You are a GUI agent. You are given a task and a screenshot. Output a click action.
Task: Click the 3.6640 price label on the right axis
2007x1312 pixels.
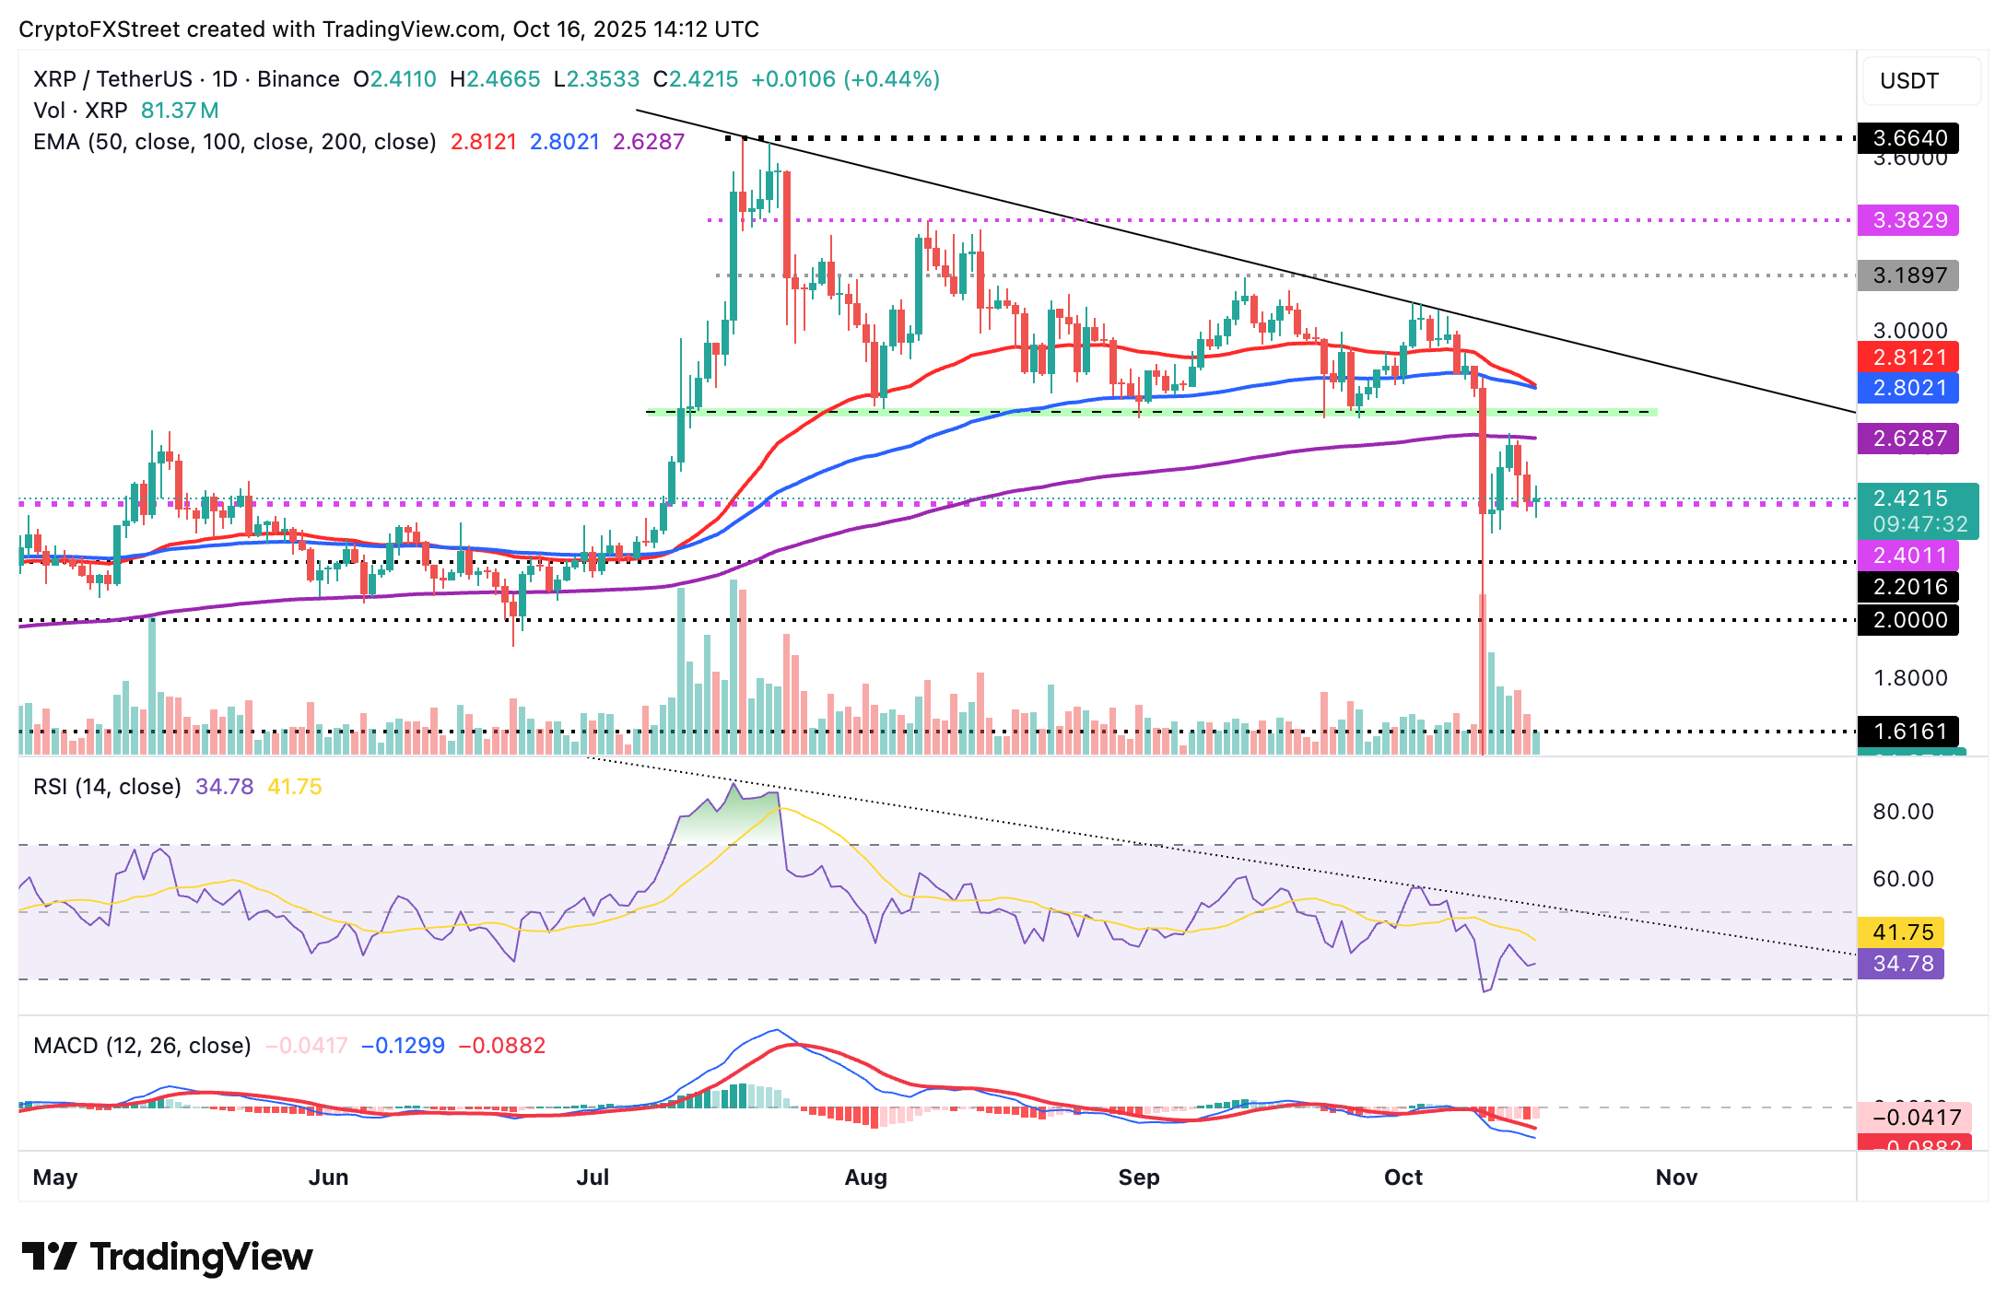[1908, 138]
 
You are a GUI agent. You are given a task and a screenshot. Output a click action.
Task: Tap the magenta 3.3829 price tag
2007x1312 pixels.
[1908, 220]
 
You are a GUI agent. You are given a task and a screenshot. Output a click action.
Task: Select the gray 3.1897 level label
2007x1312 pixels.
[1908, 275]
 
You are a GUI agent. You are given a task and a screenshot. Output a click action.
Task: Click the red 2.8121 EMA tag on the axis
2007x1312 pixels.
[1908, 357]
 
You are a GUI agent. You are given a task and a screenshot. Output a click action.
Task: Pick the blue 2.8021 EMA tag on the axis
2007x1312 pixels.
[1908, 388]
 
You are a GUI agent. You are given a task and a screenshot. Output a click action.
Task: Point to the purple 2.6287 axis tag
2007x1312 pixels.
[1908, 439]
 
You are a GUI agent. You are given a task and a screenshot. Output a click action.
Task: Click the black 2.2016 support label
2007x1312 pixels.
[1908, 587]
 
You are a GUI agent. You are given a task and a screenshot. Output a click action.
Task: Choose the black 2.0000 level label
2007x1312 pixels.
[1908, 620]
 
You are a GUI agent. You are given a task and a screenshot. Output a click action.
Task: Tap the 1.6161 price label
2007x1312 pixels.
[1908, 732]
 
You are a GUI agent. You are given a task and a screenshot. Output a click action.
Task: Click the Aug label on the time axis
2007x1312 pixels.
[865, 1177]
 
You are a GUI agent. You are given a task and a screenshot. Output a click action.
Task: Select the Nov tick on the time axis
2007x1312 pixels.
[1676, 1177]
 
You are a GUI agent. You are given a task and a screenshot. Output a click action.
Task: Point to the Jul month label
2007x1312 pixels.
[593, 1177]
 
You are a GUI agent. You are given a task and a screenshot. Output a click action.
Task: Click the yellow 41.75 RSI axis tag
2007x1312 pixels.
[1902, 932]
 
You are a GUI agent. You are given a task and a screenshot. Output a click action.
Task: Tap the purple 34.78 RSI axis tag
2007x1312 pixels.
[1902, 964]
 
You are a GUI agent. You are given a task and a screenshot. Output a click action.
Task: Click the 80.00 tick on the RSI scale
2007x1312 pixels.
[1903, 812]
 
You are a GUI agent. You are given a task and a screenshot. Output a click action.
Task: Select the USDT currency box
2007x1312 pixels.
[1909, 81]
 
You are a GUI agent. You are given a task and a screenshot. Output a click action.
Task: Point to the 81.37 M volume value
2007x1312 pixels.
[180, 111]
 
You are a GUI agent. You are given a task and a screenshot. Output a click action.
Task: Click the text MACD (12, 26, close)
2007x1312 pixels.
[142, 1046]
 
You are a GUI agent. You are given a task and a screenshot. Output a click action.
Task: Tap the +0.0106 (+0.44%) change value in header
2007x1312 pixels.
[845, 79]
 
